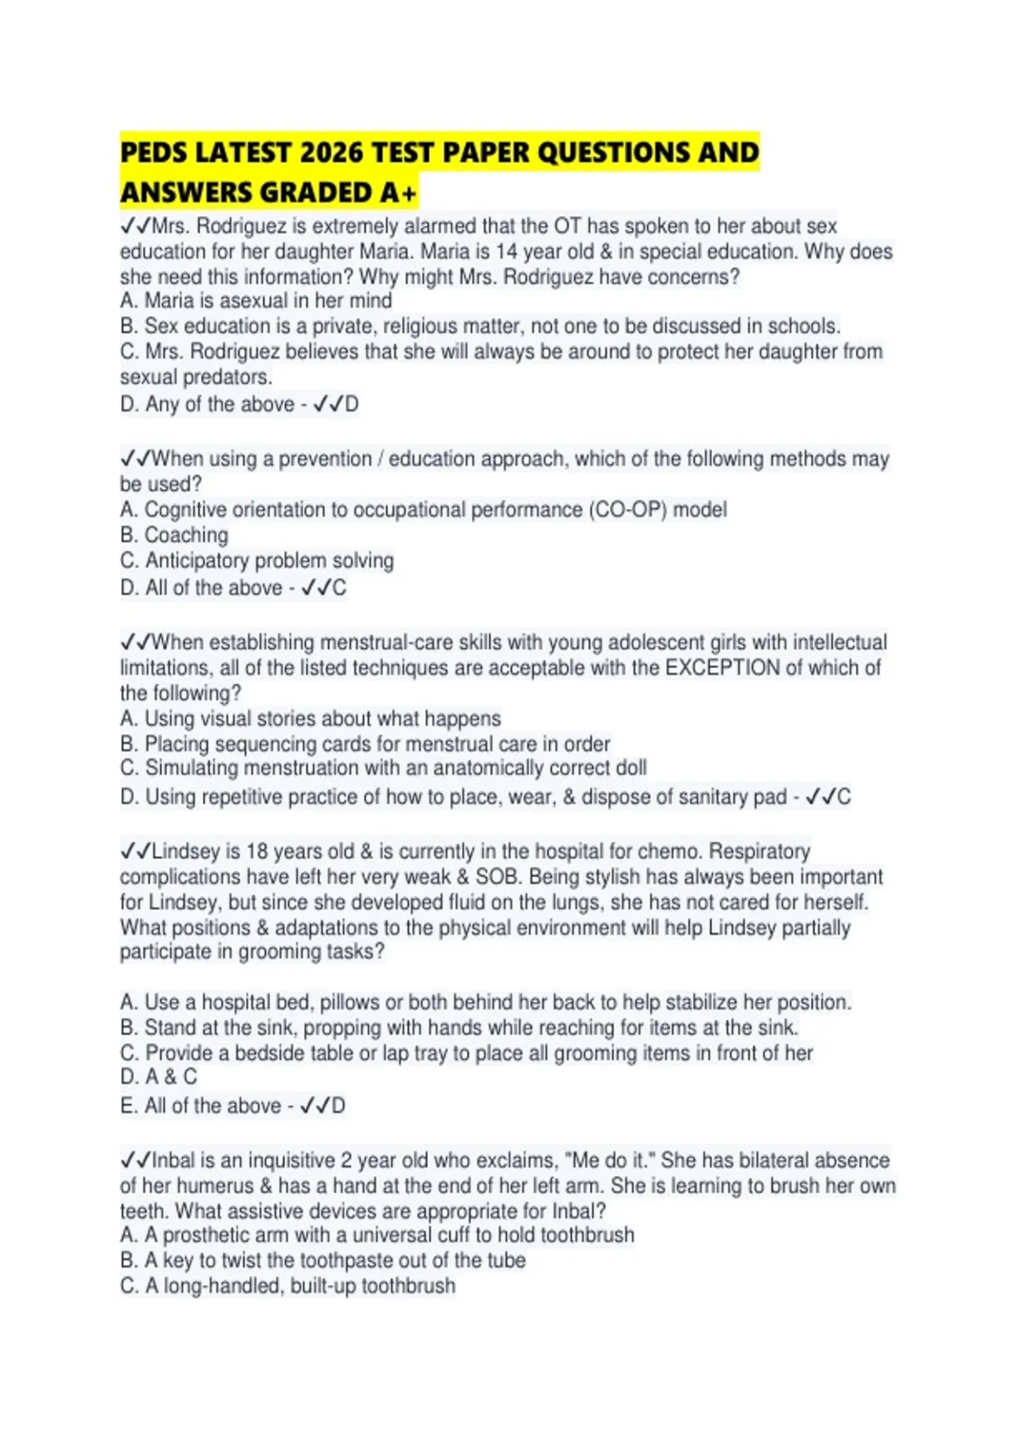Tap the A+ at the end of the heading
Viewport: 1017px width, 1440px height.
point(398,194)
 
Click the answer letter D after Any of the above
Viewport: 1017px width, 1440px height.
point(352,405)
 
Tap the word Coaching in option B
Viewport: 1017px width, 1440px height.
point(186,535)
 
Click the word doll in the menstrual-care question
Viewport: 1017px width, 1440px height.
point(628,768)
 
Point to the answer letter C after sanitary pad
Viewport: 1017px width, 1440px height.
point(844,797)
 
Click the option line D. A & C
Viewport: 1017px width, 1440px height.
point(158,1077)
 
